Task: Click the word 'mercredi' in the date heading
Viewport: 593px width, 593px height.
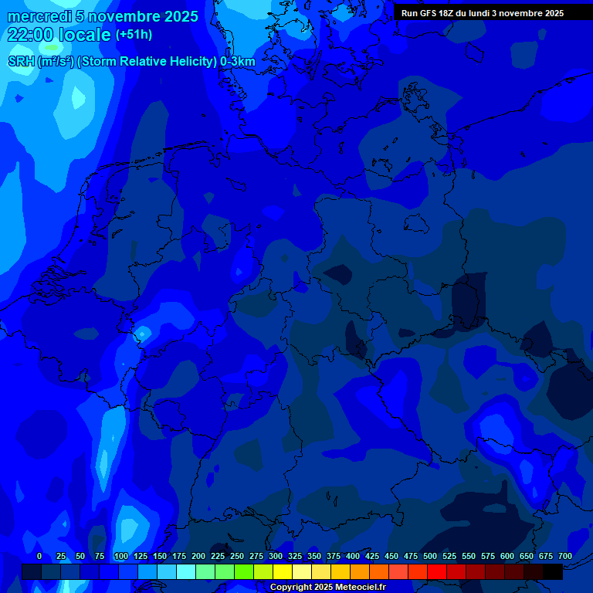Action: pyautogui.click(x=39, y=16)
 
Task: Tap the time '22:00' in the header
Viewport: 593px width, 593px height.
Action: pyautogui.click(x=30, y=35)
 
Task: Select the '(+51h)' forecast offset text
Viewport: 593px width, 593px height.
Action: pyautogui.click(x=134, y=35)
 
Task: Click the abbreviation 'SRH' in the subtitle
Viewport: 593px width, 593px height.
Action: pyautogui.click(x=22, y=62)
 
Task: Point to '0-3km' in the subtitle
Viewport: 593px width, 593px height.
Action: pyautogui.click(x=237, y=62)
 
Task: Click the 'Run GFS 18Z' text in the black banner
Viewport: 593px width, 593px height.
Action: pyautogui.click(x=429, y=13)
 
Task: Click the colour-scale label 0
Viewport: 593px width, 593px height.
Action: pyautogui.click(x=39, y=556)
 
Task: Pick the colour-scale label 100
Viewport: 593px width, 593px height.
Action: pyautogui.click(x=121, y=556)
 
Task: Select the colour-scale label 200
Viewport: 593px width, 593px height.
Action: pyautogui.click(x=198, y=556)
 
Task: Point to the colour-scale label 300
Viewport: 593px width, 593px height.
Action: pyautogui.click(x=276, y=556)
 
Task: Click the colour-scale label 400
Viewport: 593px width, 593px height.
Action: pyautogui.click(x=353, y=556)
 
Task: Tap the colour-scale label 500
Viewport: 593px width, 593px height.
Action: pyautogui.click(x=430, y=556)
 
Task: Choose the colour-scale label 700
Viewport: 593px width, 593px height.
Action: pyautogui.click(x=565, y=556)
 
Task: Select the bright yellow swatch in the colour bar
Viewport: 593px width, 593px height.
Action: pyautogui.click(x=283, y=571)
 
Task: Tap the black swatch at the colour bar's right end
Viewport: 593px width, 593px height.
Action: pyautogui.click(x=553, y=571)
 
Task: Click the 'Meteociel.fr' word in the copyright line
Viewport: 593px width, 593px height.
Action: pyautogui.click(x=360, y=588)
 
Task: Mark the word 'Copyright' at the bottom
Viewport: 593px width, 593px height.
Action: pyautogui.click(x=291, y=588)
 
